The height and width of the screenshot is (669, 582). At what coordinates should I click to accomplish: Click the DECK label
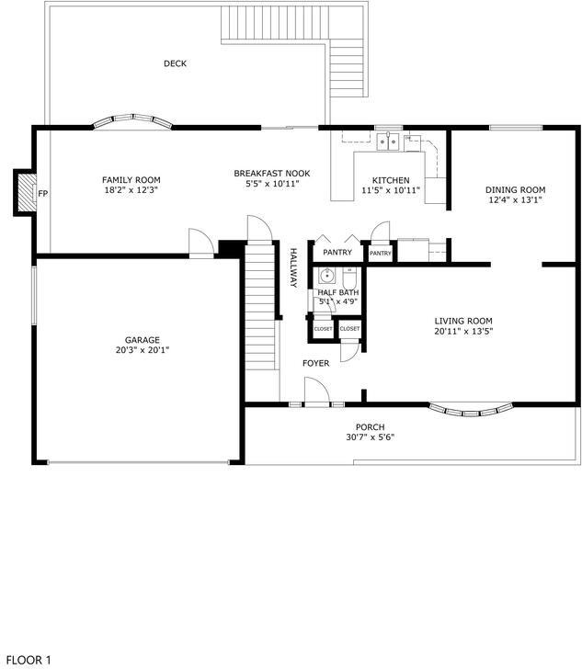[175, 63]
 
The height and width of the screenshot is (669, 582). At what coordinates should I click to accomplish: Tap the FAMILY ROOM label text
[131, 179]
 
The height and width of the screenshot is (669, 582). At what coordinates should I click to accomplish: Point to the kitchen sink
[389, 142]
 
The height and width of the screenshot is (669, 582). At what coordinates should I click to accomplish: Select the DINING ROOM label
[515, 189]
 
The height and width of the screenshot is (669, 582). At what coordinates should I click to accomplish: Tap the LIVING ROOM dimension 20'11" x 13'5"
[464, 331]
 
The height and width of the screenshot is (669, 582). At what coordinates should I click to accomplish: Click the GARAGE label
[143, 339]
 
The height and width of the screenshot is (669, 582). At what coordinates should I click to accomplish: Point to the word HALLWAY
[293, 269]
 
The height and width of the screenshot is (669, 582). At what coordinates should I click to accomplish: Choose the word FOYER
[315, 364]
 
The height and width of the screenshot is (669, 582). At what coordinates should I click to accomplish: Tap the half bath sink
[326, 275]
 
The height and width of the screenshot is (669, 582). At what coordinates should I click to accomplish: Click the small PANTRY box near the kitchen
[381, 253]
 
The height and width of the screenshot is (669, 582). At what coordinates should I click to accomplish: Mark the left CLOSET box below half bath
[323, 328]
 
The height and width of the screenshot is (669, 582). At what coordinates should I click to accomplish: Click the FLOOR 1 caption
[29, 659]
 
